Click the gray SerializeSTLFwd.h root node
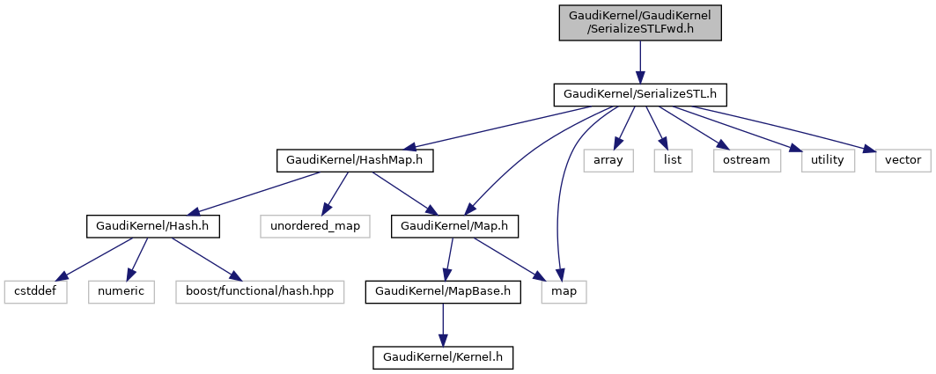coord(640,23)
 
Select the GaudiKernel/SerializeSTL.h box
coord(640,94)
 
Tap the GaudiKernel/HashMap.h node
coord(355,160)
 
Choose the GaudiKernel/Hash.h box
coord(153,226)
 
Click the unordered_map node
coord(315,226)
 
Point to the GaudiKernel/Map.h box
coord(454,226)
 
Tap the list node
coord(674,160)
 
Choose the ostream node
coord(747,160)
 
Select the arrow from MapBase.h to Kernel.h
coord(442,325)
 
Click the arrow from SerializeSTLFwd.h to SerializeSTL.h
coord(640,62)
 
